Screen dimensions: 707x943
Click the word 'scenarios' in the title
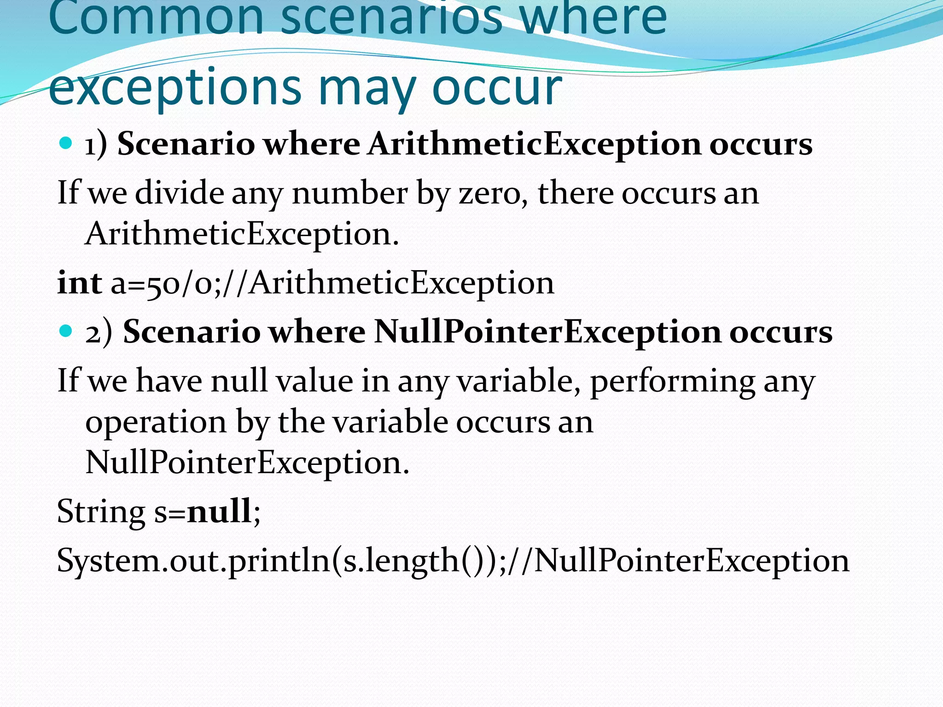pos(391,18)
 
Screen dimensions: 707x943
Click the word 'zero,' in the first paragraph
pos(493,193)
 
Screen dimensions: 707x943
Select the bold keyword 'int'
pos(79,283)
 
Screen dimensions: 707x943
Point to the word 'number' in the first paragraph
pos(350,193)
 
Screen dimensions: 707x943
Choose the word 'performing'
pos(672,382)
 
